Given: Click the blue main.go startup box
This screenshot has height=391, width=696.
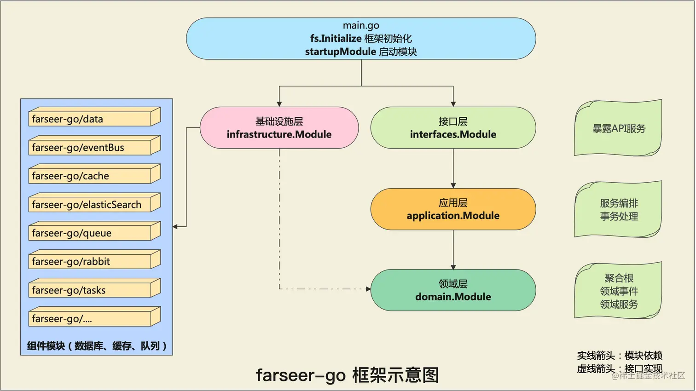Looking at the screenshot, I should [x=361, y=39].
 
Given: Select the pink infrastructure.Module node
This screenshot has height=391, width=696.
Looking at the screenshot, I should [x=279, y=128].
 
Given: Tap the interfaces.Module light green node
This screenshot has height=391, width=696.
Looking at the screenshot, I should [x=453, y=128].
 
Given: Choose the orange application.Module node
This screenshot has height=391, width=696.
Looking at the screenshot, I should [x=453, y=209].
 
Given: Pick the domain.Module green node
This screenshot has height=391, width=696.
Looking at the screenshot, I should [x=453, y=290].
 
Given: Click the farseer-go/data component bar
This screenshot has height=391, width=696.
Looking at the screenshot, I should [x=90, y=119].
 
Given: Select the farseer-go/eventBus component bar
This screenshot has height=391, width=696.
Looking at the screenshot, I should [x=90, y=147].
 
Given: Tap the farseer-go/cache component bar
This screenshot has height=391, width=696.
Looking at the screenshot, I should [x=90, y=176].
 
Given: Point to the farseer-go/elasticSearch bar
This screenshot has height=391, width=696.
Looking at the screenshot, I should [x=90, y=204].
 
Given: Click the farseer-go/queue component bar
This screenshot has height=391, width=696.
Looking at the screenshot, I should [x=90, y=233].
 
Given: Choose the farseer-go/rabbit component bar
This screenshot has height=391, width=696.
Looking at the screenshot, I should [x=90, y=261].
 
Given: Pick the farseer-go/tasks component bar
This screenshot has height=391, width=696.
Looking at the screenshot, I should [x=90, y=290].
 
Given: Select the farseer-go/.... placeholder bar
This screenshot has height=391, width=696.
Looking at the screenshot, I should [x=90, y=318].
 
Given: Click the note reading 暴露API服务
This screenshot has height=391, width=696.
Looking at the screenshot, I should [x=618, y=128].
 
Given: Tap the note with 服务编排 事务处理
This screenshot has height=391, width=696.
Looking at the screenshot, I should [x=618, y=210].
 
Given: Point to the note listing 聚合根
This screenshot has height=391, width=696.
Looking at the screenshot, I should [x=618, y=291].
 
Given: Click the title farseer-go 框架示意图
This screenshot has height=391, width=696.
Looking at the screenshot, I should [x=347, y=375].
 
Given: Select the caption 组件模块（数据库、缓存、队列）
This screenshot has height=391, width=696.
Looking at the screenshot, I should [x=97, y=346].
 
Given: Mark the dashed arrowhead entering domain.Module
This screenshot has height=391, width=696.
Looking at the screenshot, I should [x=368, y=289].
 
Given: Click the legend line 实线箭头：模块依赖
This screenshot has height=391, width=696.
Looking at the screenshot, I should [x=619, y=355].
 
